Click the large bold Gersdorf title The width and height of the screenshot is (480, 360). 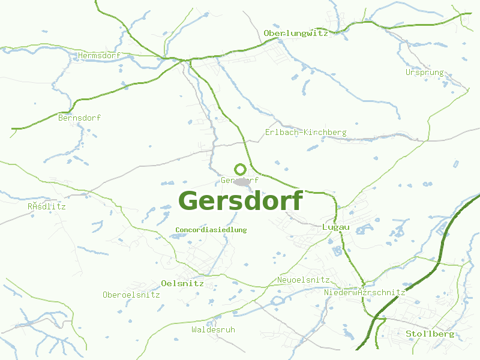pos(240,201)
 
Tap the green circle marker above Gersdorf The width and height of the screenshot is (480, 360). pos(240,169)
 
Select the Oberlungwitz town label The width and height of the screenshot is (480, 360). pos(296,34)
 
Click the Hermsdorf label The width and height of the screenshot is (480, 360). pos(99,56)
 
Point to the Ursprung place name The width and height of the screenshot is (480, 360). pos(425,73)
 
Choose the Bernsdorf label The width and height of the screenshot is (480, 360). pos(79,118)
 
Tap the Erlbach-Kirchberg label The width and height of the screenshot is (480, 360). pos(305,133)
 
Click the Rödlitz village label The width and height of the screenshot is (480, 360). pos(47,206)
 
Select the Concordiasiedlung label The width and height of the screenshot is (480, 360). pos(211,230)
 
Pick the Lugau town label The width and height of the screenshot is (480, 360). pos(335,227)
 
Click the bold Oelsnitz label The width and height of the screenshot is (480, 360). pos(182,284)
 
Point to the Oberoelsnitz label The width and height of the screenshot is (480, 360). pos(131,295)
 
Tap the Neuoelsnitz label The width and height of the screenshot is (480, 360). pos(303,280)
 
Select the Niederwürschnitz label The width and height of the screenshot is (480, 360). pos(365,292)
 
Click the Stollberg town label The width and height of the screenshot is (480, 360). pos(430,334)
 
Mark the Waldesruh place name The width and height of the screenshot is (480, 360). pos(213,330)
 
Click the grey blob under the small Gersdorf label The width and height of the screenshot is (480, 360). pos(242,182)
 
